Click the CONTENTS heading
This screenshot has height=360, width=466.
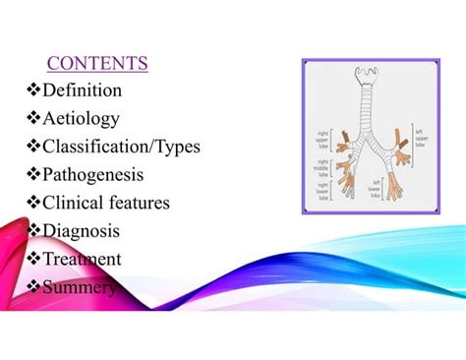pos(97,64)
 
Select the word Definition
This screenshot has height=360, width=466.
pos(83,90)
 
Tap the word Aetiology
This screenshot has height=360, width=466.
pos(82,119)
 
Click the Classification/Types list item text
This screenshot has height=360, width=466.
pos(121,147)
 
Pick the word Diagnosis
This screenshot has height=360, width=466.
pos(82,231)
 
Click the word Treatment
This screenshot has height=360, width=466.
pos(83,259)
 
